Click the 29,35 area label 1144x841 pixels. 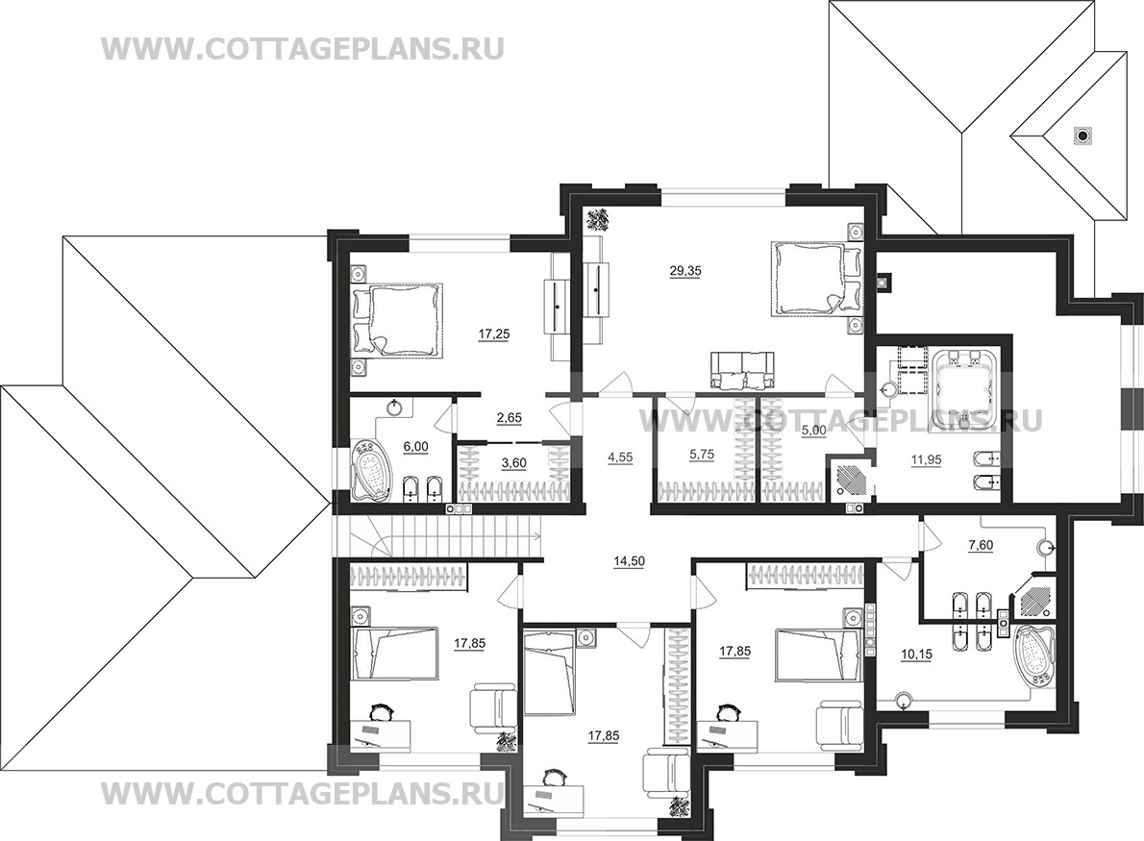685,271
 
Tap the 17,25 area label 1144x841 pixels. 494,334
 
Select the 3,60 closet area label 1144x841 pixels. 513,462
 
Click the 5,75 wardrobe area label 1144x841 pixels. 701,454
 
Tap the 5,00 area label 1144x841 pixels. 813,431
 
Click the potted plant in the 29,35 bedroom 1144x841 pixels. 600,219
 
